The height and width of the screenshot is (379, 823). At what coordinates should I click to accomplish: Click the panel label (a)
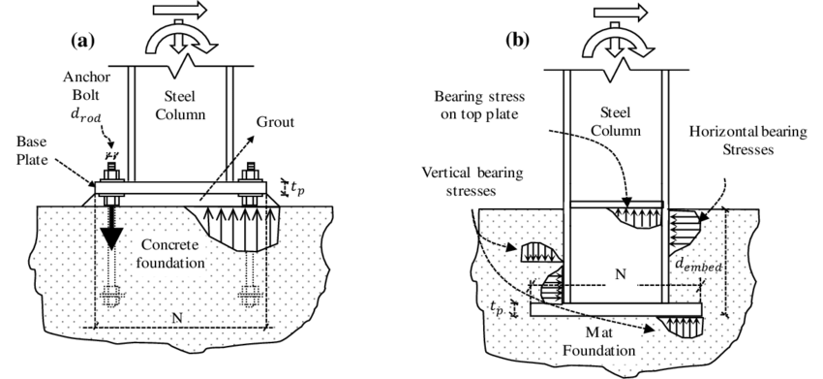tap(83, 41)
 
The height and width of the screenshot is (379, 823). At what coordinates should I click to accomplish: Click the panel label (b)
tap(518, 41)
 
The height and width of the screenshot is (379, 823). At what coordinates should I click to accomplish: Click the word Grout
tap(275, 122)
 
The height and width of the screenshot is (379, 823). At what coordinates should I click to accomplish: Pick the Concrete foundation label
tap(170, 253)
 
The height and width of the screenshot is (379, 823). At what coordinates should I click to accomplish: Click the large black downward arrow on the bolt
tap(111, 231)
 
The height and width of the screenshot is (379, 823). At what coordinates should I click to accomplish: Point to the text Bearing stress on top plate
tap(479, 105)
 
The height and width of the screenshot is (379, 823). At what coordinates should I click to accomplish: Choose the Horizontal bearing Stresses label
tap(747, 141)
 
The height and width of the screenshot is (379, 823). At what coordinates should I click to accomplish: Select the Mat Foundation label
tap(610, 340)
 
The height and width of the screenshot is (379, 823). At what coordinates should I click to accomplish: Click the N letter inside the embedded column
tap(620, 274)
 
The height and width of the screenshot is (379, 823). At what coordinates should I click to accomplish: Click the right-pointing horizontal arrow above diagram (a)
tap(180, 10)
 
